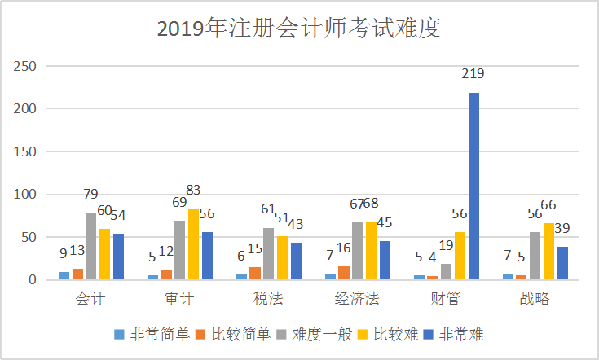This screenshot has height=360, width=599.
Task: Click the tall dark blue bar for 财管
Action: [473, 187]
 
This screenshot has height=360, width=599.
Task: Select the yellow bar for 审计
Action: [193, 244]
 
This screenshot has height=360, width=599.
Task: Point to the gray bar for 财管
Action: [446, 272]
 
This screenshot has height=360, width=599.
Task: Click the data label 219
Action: [473, 74]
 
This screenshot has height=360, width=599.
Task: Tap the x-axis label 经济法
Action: [356, 300]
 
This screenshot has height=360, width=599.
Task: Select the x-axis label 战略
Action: [535, 300]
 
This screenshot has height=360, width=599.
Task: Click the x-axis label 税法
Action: [269, 300]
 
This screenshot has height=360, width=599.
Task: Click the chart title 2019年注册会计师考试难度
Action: [298, 29]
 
